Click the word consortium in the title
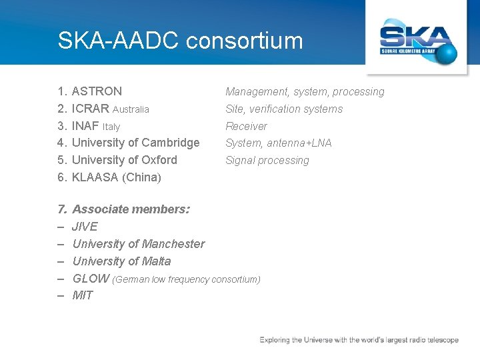(x=245, y=41)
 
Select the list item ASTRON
(x=97, y=91)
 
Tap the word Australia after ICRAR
(x=131, y=109)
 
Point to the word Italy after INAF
(x=111, y=127)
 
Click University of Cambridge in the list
(x=135, y=143)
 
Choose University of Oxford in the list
(x=124, y=160)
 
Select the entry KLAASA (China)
(x=116, y=177)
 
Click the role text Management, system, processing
(x=305, y=92)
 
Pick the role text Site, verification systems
(x=284, y=109)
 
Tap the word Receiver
(x=246, y=127)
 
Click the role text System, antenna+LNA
(x=278, y=143)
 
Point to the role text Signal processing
(x=267, y=161)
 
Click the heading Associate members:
(x=131, y=209)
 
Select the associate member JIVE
(x=85, y=227)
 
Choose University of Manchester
(x=138, y=244)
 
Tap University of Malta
(x=121, y=261)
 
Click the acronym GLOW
(x=91, y=279)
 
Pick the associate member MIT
(x=83, y=295)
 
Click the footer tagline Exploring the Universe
(x=359, y=340)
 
